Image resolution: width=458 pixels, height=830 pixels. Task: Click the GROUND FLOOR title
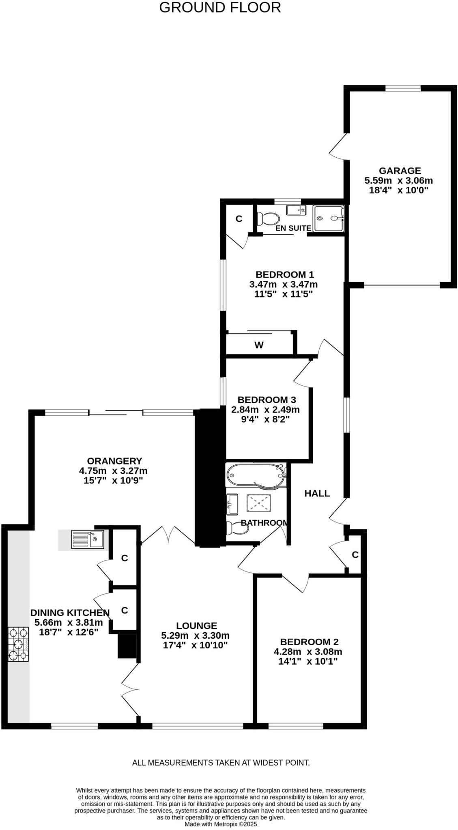pyautogui.click(x=220, y=8)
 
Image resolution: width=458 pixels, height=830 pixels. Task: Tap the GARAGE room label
pyautogui.click(x=400, y=171)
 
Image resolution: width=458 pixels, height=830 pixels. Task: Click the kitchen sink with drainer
pyautogui.click(x=87, y=539)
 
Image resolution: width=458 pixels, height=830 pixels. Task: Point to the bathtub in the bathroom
pyautogui.click(x=256, y=475)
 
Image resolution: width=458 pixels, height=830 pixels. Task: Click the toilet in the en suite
pyautogui.click(x=269, y=219)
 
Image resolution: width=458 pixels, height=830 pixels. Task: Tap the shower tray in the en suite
pyautogui.click(x=329, y=218)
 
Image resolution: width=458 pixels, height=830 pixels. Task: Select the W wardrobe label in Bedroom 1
pyautogui.click(x=259, y=345)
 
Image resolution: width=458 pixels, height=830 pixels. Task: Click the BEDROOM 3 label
pyautogui.click(x=267, y=399)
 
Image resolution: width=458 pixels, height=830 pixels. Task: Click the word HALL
pyautogui.click(x=317, y=493)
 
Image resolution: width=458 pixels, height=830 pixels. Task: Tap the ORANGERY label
pyautogui.click(x=114, y=461)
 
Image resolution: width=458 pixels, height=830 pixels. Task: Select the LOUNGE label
pyautogui.click(x=196, y=625)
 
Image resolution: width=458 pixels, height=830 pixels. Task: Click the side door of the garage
pyautogui.click(x=338, y=147)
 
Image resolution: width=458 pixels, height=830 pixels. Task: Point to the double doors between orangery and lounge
pyautogui.click(x=168, y=535)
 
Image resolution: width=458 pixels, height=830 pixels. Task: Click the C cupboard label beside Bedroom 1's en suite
pyautogui.click(x=239, y=219)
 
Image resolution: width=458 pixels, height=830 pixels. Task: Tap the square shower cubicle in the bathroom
pyautogui.click(x=258, y=505)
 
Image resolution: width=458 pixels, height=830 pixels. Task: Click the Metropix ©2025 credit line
pyautogui.click(x=221, y=824)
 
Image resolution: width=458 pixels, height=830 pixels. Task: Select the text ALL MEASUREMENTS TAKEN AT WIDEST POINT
pyautogui.click(x=221, y=762)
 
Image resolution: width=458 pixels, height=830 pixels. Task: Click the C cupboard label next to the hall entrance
pyautogui.click(x=355, y=554)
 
